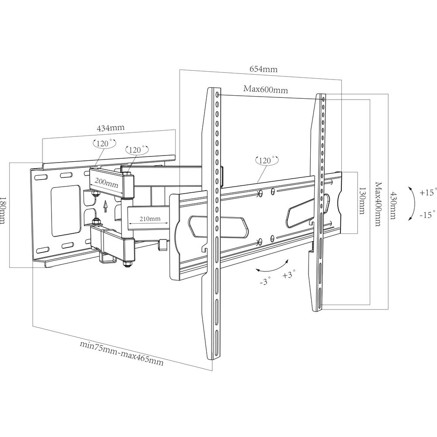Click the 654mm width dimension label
tap(264, 69)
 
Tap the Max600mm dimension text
tap(266, 90)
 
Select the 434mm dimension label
tap(111, 128)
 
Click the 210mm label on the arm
tap(150, 218)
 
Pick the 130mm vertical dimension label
tap(362, 201)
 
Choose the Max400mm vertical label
tap(378, 204)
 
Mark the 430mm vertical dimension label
tap(392, 205)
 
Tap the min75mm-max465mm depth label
tap(122, 353)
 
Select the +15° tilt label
tap(428, 192)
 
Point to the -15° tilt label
tap(427, 215)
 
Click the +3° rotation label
tap(289, 274)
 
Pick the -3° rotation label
tap(265, 281)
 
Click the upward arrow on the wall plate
tap(105, 207)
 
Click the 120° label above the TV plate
tap(267, 160)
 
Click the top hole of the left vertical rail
tap(217, 95)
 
